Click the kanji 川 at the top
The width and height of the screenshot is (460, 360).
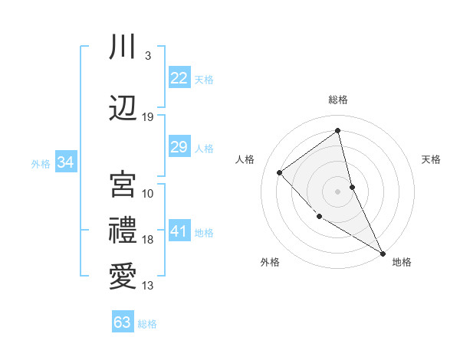pyautogui.click(x=123, y=47)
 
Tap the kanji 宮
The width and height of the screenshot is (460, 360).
pyautogui.click(x=123, y=184)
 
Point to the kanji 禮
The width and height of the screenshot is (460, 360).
pyautogui.click(x=123, y=230)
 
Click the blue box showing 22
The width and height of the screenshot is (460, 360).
pyautogui.click(x=179, y=77)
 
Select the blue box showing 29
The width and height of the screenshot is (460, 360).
pyautogui.click(x=179, y=147)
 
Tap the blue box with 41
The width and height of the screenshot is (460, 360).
pyautogui.click(x=179, y=231)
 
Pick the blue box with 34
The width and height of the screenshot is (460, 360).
pyautogui.click(x=65, y=162)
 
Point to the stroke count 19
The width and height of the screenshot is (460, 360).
pyautogui.click(x=148, y=117)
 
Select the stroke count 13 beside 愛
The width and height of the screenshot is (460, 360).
pyautogui.click(x=148, y=286)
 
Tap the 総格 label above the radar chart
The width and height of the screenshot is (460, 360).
pyautogui.click(x=337, y=100)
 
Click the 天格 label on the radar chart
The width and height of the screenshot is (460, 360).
pyautogui.click(x=431, y=159)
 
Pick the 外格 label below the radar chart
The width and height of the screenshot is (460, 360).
pyautogui.click(x=270, y=262)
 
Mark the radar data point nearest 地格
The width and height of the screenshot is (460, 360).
pyautogui.click(x=383, y=253)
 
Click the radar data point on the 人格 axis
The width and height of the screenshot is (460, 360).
pyautogui.click(x=281, y=173)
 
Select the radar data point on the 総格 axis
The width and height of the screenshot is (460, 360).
pyautogui.click(x=337, y=130)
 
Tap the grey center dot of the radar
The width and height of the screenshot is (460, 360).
pyautogui.click(x=337, y=191)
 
